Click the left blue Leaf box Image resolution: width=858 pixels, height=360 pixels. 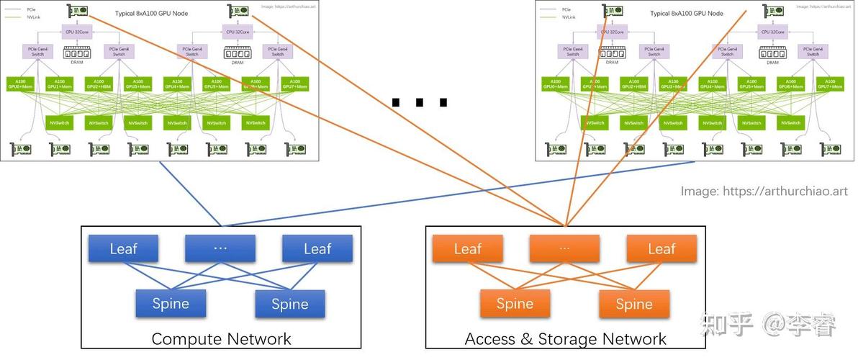(x=123, y=248)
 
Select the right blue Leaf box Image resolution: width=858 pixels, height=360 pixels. (x=317, y=248)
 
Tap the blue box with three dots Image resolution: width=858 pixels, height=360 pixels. (x=220, y=248)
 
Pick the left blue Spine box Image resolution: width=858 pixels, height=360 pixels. (x=171, y=303)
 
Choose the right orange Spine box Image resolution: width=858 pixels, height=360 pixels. (x=634, y=303)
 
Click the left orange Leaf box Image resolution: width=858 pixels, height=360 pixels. (x=467, y=248)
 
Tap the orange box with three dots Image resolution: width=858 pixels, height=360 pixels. (x=564, y=248)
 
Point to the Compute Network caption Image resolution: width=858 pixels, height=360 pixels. (x=221, y=339)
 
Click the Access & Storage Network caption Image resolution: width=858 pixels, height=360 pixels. (x=566, y=339)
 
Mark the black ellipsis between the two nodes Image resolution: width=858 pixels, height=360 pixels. (x=420, y=103)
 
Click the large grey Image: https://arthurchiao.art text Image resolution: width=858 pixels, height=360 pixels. (x=764, y=192)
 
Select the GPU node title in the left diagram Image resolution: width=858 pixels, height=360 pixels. (x=150, y=14)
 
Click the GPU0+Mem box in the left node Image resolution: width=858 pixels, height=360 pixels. (x=20, y=84)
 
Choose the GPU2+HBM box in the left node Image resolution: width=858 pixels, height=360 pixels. (x=99, y=84)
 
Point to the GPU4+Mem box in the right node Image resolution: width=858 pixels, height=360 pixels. (x=713, y=84)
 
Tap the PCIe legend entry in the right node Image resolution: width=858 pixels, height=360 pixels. (x=566, y=8)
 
